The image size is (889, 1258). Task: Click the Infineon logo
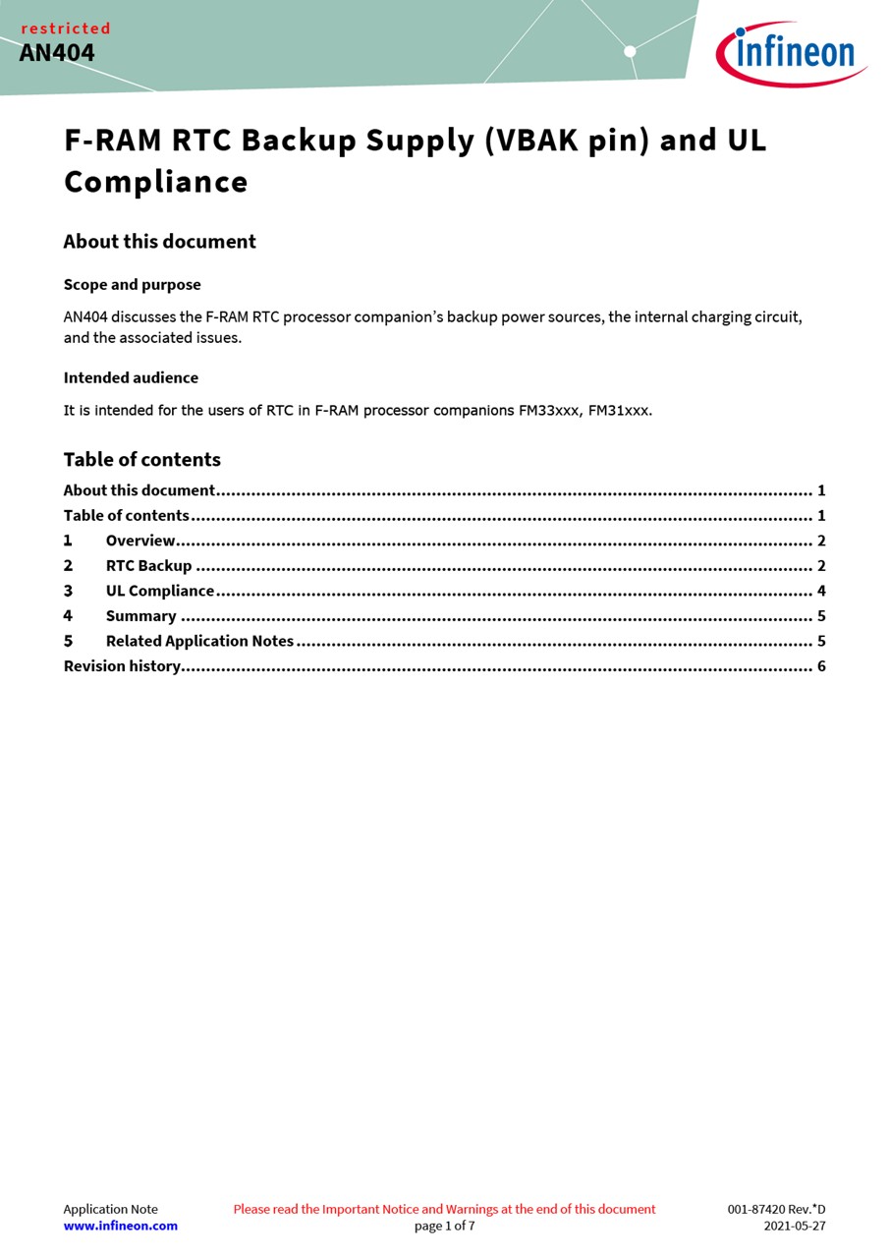click(791, 53)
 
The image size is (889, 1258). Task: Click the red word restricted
click(66, 29)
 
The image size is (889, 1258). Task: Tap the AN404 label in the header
click(57, 53)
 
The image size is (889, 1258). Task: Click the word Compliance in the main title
click(155, 182)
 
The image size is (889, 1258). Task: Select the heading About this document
click(159, 242)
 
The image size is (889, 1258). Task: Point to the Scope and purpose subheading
click(132, 285)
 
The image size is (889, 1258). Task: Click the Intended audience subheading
click(131, 377)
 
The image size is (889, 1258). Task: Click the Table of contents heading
click(141, 460)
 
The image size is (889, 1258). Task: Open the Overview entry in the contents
click(140, 541)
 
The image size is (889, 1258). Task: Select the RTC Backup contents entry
click(148, 566)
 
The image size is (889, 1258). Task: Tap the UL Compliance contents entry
click(160, 591)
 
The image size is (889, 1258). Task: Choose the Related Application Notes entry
click(199, 641)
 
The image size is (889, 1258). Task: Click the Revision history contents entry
click(122, 666)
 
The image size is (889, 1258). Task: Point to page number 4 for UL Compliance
click(821, 591)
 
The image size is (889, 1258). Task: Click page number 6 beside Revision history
click(821, 666)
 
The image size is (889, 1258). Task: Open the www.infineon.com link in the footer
click(121, 1226)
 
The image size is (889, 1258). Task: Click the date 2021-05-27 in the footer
click(795, 1226)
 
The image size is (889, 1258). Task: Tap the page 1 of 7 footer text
click(444, 1226)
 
